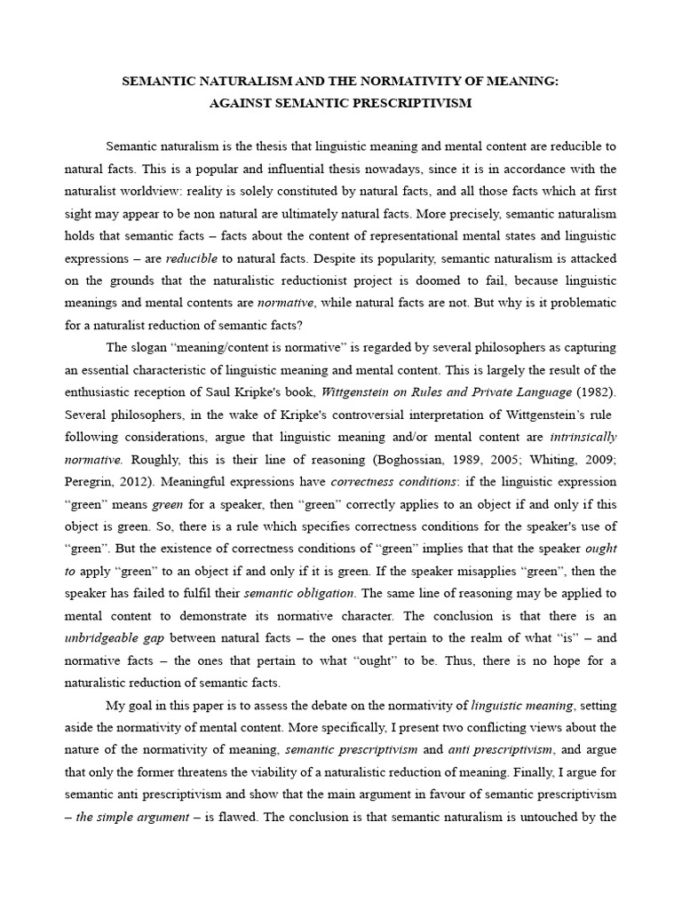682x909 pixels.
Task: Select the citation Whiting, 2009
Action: pyautogui.click(x=575, y=460)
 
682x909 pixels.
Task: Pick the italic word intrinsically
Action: pyautogui.click(x=583, y=437)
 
